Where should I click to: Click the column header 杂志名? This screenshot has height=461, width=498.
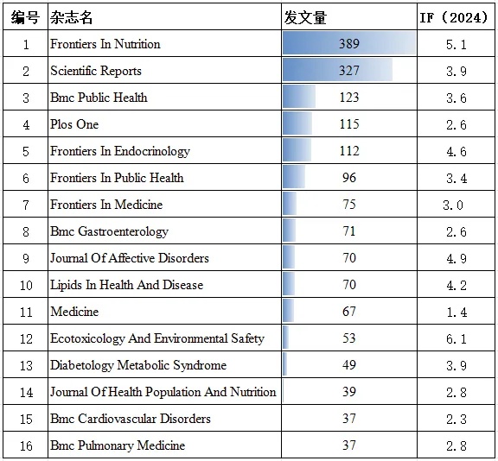(72, 17)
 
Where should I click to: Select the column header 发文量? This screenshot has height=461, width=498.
(305, 17)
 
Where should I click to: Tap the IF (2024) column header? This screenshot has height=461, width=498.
(456, 17)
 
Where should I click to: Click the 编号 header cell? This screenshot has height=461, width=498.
(25, 17)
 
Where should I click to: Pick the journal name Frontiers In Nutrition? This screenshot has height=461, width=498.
(105, 44)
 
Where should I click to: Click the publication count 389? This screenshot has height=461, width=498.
(349, 44)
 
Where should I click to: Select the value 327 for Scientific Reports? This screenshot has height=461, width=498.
(349, 71)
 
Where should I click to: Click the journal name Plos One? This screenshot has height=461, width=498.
(74, 124)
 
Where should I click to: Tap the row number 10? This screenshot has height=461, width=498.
(26, 285)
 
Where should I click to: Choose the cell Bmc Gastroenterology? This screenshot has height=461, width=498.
(109, 231)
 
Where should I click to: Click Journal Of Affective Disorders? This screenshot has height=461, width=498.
(129, 258)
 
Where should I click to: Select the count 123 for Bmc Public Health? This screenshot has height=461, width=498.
(349, 98)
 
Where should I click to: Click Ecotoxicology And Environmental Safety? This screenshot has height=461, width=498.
(156, 338)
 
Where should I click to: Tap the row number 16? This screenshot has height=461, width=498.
(26, 445)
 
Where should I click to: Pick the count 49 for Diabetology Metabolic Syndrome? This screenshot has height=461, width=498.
(349, 365)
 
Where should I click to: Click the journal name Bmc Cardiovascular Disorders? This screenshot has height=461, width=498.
(130, 419)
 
